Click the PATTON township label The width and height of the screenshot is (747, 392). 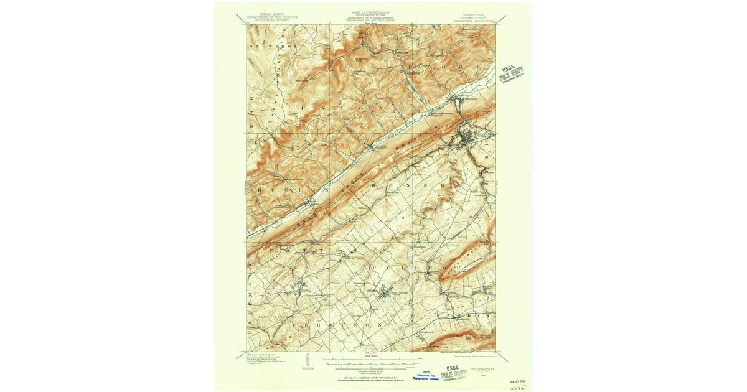coord(306,250)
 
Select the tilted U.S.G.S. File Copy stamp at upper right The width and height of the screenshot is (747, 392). coord(512,75)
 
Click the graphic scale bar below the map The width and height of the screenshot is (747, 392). coord(374,360)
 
